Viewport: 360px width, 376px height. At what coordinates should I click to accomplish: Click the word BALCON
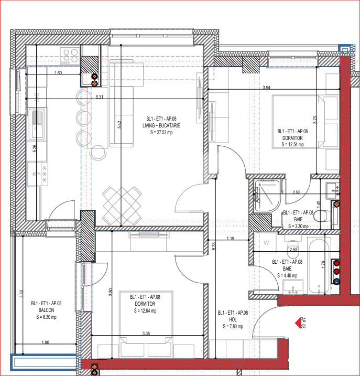coord(46,310)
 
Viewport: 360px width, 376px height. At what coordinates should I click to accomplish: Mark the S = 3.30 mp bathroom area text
coord(297,226)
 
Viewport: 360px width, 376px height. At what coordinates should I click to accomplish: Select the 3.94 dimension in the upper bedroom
coord(266,88)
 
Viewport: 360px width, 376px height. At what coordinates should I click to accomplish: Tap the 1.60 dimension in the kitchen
coord(58,72)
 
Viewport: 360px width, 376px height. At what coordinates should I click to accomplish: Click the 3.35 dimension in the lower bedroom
coord(146,333)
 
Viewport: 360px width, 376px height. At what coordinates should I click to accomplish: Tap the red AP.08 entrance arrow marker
coord(302,321)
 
